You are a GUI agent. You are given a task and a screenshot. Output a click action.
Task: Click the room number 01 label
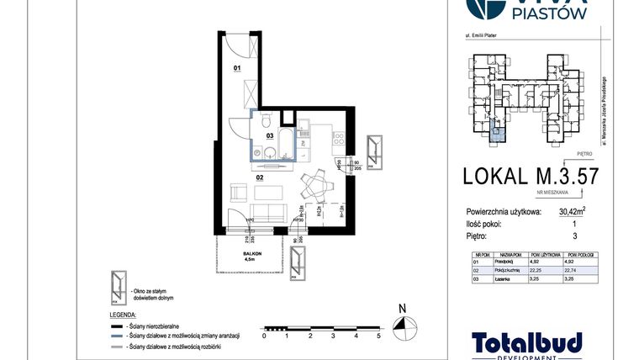click(x=237, y=67)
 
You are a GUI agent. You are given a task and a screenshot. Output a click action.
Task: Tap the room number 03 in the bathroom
click(x=270, y=135)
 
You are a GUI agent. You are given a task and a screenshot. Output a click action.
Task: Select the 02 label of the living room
click(x=261, y=177)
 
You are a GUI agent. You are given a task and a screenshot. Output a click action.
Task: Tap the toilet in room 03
click(x=265, y=119)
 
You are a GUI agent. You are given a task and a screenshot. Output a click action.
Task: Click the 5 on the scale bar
click(x=379, y=336)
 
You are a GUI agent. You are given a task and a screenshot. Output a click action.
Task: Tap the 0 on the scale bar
click(x=264, y=336)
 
